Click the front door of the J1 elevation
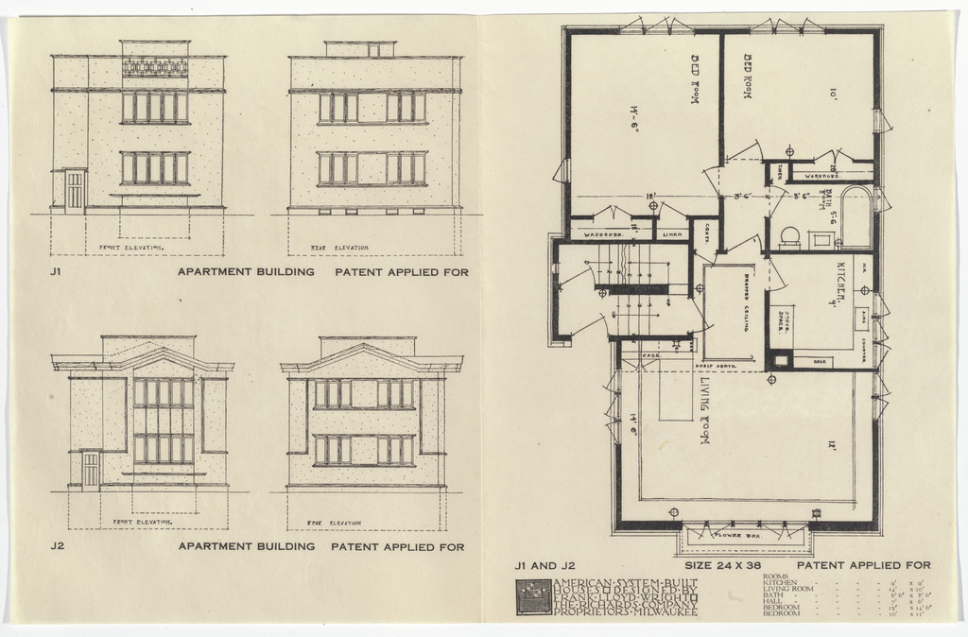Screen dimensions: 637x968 (75, 189)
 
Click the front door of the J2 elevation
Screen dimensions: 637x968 (91, 470)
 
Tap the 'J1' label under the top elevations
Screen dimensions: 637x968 (58, 272)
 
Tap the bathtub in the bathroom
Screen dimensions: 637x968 (856, 217)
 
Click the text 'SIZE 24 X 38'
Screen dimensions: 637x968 (723, 565)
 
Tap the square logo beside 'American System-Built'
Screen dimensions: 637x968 (531, 596)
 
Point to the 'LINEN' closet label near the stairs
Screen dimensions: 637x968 (672, 233)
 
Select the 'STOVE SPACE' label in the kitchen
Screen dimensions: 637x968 (784, 322)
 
